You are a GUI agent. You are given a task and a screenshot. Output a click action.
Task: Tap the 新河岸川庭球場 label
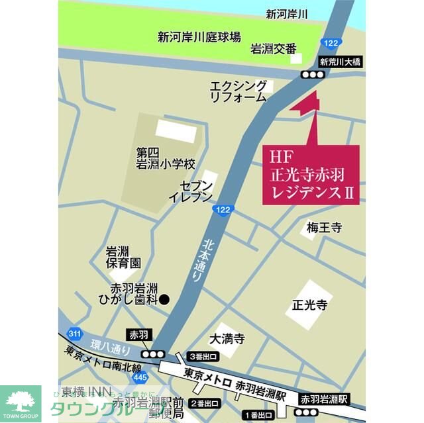pos(199,37)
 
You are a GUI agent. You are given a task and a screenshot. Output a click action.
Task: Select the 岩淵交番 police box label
pos(273,49)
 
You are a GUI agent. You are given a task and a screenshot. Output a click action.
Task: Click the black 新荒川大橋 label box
pos(340,62)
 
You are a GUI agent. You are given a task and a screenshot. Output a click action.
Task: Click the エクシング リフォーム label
pos(238,91)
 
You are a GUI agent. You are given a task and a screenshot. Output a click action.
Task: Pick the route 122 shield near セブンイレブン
pos(223,209)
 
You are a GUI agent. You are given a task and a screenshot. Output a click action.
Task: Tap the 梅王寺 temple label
pos(324,228)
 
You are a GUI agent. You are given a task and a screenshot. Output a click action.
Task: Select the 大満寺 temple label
pos(227,340)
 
